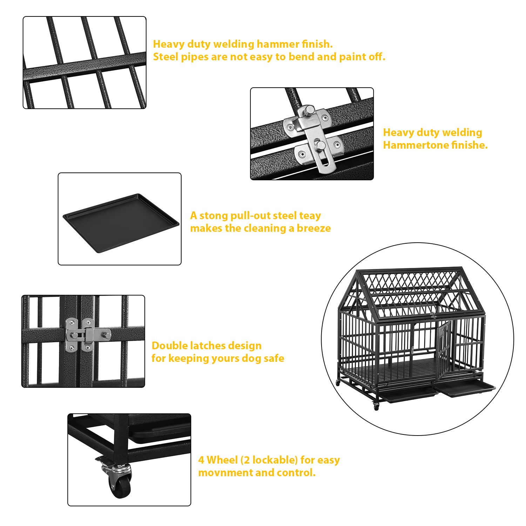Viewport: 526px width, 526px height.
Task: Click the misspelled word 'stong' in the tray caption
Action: [214, 216]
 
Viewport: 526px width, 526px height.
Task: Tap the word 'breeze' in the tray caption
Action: [314, 228]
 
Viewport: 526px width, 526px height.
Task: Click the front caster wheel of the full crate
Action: [376, 406]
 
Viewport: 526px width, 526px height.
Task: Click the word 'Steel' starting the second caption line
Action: [166, 57]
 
